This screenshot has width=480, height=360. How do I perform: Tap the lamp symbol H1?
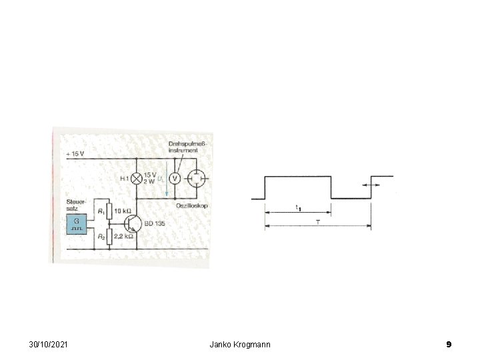[x=137, y=178]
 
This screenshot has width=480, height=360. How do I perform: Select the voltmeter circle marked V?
[x=173, y=178]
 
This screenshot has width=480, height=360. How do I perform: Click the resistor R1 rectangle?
[x=108, y=211]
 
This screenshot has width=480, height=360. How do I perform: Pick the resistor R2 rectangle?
[x=108, y=236]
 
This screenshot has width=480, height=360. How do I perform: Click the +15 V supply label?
[x=77, y=154]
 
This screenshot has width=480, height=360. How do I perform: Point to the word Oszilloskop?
[x=192, y=205]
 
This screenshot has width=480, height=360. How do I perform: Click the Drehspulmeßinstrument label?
[x=185, y=147]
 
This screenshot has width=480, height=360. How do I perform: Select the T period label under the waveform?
[x=318, y=221]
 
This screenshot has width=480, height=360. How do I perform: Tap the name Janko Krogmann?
[x=240, y=344]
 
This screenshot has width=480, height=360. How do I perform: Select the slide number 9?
[x=449, y=344]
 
